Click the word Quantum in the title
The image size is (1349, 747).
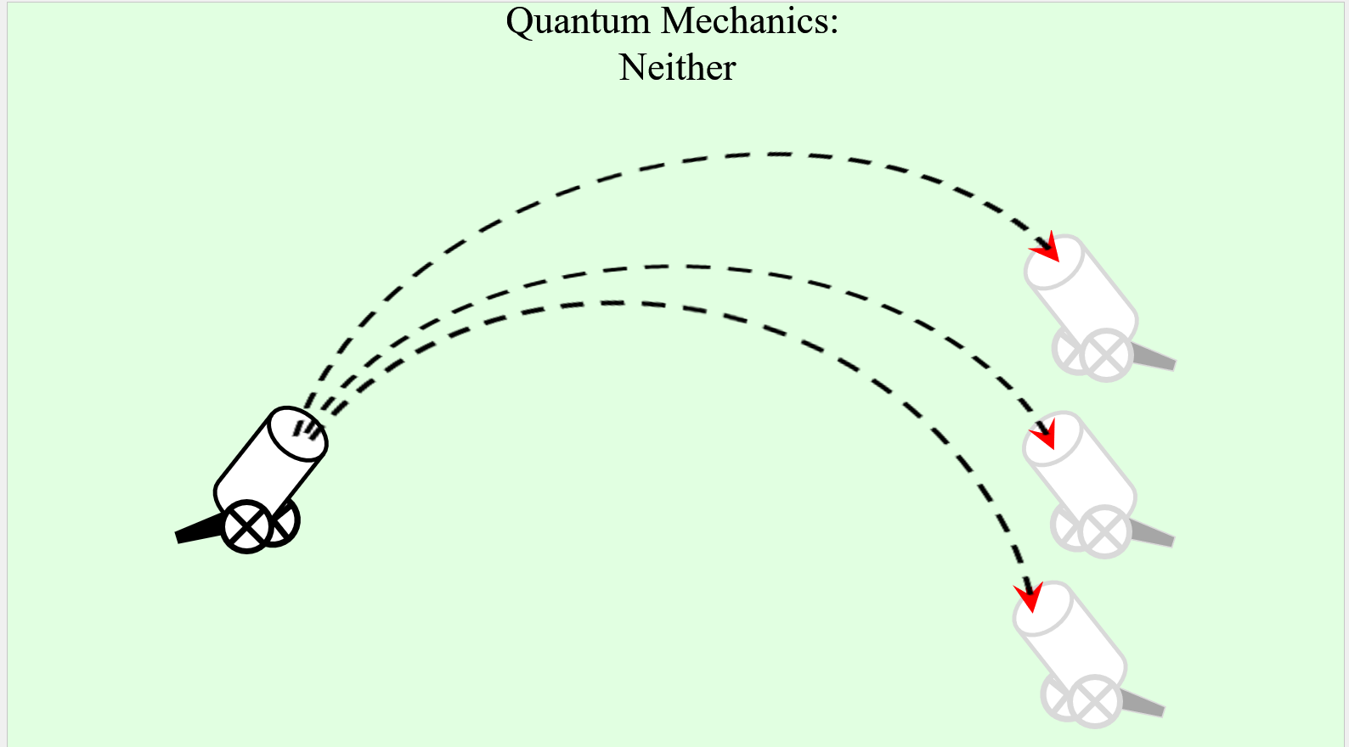pos(578,22)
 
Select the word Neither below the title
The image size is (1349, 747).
pos(677,68)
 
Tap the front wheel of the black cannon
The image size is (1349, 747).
pos(246,527)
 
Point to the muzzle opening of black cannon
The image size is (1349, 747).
pos(298,434)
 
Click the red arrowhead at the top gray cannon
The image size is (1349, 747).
pos(1046,248)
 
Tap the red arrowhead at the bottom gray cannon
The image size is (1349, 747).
pos(1029,596)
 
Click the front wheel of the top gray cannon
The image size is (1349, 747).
pos(1106,355)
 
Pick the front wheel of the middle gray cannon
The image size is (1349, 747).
pos(1104,531)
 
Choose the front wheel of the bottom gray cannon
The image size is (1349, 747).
pos(1095,701)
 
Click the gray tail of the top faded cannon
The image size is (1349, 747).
pos(1155,358)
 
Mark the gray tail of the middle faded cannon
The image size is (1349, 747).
pos(1154,535)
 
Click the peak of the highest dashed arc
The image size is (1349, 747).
pos(773,154)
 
